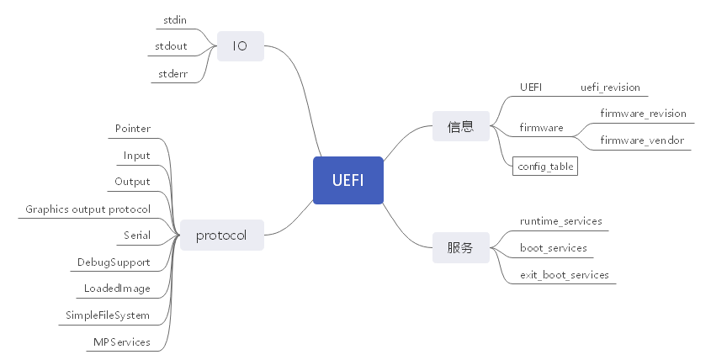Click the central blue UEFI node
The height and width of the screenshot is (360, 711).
click(x=348, y=181)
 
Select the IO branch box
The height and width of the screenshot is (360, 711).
click(x=240, y=46)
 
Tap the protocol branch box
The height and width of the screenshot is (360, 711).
click(x=221, y=235)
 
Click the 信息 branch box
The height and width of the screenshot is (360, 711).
click(x=460, y=127)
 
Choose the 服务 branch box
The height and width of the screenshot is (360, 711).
click(x=460, y=248)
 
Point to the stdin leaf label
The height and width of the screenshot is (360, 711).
click(x=175, y=19)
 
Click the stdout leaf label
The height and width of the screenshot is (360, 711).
click(x=172, y=46)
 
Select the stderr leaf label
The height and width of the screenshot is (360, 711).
click(x=172, y=74)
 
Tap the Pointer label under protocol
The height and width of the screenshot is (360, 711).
click(x=133, y=129)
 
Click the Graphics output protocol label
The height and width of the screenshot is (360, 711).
click(x=88, y=209)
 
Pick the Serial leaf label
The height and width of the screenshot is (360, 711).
click(x=137, y=236)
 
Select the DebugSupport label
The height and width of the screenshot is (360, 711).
click(x=114, y=262)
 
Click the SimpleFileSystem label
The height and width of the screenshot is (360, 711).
click(x=108, y=315)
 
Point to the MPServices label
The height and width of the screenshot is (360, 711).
click(x=122, y=342)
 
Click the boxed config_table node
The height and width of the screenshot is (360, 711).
click(x=545, y=167)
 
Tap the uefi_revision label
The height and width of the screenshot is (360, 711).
click(x=610, y=87)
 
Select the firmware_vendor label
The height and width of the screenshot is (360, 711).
click(x=642, y=140)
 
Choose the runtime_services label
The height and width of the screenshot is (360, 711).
click(x=560, y=221)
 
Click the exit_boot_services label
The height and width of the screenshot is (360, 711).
click(x=564, y=275)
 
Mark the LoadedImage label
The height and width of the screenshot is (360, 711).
click(x=117, y=289)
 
